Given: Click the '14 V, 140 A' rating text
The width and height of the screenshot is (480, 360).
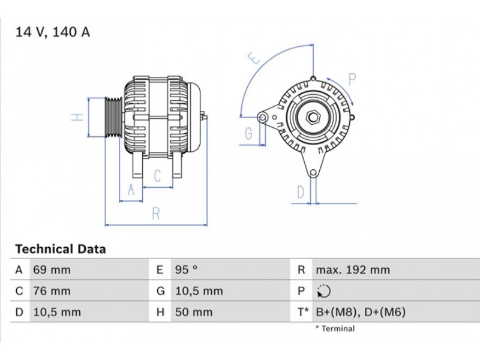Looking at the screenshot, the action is [53, 32].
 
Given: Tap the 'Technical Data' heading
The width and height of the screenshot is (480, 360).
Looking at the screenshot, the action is [61, 249].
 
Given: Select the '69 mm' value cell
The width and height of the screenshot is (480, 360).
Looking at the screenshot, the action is [52, 270].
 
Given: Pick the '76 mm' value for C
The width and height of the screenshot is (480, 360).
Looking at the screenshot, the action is [52, 291].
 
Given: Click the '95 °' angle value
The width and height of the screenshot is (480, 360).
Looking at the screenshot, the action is [186, 270].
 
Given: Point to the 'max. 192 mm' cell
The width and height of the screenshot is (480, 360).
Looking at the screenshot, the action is [353, 270].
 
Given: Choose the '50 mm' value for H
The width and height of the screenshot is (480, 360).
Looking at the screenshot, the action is [194, 312].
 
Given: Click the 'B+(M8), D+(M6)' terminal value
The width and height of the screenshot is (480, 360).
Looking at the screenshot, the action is [361, 312].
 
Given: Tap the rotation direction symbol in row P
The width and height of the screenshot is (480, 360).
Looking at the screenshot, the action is [323, 291].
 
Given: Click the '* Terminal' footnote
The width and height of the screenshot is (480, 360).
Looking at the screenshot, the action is [335, 329].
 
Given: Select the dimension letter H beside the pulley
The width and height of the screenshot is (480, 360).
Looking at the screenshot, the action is [77, 117].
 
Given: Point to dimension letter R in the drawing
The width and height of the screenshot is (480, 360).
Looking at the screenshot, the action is [156, 214].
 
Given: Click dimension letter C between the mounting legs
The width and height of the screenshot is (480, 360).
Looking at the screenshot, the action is [157, 176].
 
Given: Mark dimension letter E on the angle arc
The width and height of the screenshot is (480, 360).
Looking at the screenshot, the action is [254, 58].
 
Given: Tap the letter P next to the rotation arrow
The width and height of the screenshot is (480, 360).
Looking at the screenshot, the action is [352, 79].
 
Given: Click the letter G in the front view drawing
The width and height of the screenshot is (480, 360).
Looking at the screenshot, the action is [249, 133].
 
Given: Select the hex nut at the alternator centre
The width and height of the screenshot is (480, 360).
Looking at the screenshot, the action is [313, 117].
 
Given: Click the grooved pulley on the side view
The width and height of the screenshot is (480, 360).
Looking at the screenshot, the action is [113, 117].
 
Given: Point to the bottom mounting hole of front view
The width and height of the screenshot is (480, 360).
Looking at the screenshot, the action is [313, 173].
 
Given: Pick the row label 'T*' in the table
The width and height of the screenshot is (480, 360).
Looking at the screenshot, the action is [303, 312].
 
